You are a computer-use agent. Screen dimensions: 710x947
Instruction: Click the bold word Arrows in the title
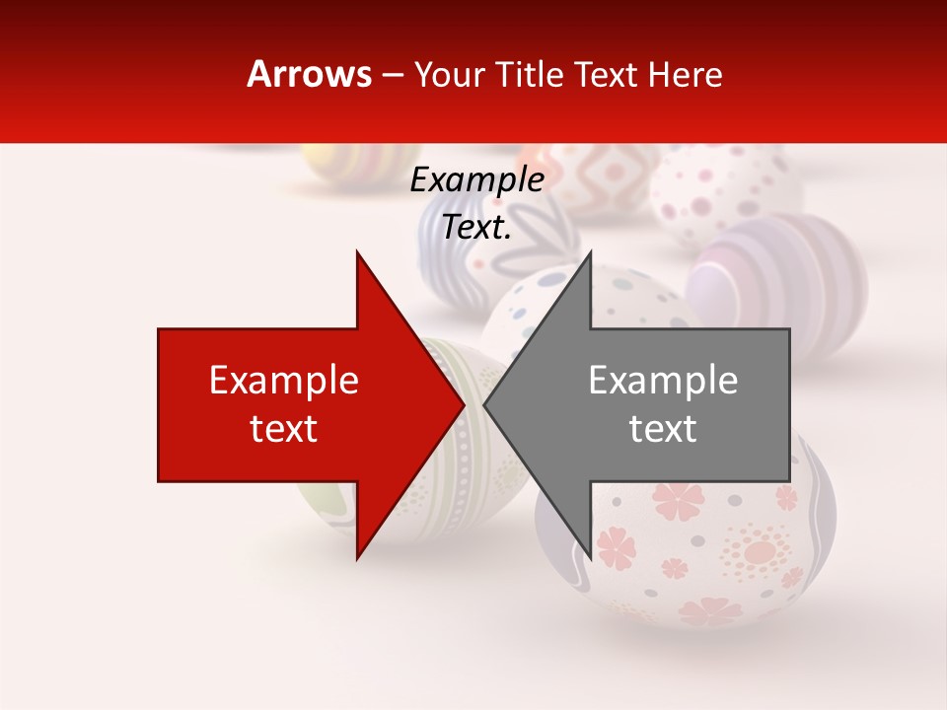[x=310, y=74]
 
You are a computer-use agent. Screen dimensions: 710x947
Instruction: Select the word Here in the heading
[x=686, y=75]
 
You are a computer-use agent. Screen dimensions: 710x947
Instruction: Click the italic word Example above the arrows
[x=476, y=180]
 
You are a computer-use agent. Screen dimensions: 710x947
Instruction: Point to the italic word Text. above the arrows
[x=476, y=228]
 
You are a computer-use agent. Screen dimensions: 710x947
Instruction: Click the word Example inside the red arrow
[x=284, y=381]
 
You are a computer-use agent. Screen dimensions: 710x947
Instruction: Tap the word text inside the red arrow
[x=284, y=429]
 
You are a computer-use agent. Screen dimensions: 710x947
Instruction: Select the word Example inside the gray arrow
[x=663, y=381]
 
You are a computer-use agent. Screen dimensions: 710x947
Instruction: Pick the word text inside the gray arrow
[x=663, y=429]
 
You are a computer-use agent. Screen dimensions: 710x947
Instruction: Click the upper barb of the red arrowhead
[x=358, y=255]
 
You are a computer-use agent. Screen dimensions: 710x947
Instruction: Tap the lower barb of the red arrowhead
[x=358, y=555]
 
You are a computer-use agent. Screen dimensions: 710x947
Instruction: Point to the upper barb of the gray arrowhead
[x=589, y=255]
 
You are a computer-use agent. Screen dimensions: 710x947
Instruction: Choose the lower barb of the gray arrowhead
[x=589, y=555]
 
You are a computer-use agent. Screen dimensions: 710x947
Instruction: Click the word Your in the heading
[x=447, y=75]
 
